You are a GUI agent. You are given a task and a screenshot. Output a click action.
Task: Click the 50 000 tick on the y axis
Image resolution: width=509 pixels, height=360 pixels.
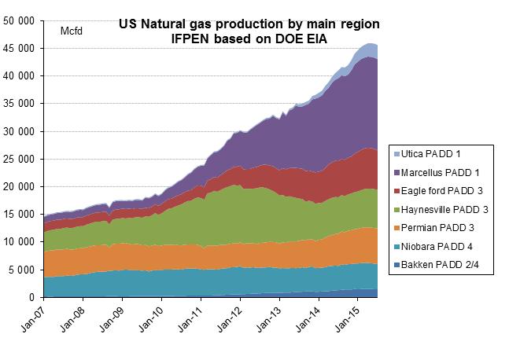pos(20,20)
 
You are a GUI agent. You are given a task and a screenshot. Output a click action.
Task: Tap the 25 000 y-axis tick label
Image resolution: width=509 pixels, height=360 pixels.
pos(20,159)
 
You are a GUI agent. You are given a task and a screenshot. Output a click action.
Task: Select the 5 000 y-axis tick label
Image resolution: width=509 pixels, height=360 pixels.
pos(22,270)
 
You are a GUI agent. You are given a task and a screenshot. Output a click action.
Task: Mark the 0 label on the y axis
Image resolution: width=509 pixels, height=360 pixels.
pos(32,298)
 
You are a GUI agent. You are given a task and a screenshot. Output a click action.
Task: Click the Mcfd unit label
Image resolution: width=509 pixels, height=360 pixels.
pos(72,31)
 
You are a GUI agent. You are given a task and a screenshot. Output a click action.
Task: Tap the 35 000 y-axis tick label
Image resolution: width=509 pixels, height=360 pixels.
pos(20,104)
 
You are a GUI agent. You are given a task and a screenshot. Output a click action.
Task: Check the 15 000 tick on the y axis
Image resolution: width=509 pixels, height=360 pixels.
pos(20,215)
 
